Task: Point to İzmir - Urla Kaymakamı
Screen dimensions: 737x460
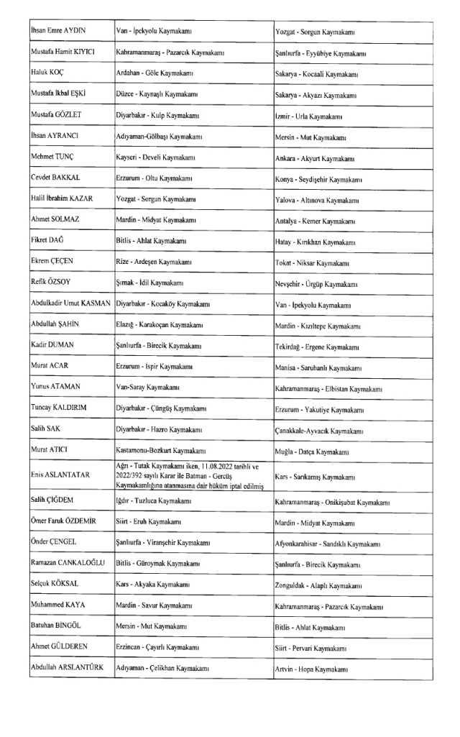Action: point(308,116)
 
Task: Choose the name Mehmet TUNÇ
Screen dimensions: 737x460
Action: point(52,157)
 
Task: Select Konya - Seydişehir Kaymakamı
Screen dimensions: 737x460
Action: point(318,179)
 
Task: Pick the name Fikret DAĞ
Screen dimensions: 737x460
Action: point(49,242)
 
